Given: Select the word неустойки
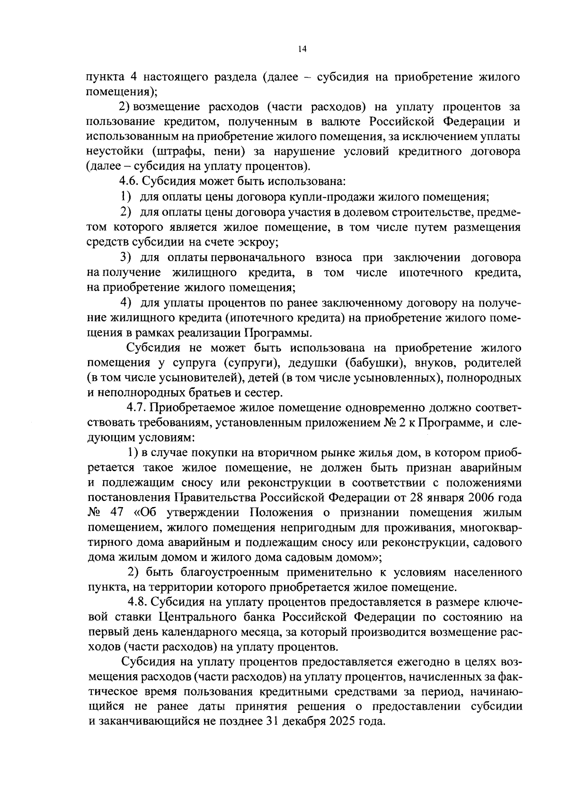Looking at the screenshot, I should click(x=114, y=152).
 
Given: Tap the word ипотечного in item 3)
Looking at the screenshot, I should click(x=431, y=273).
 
